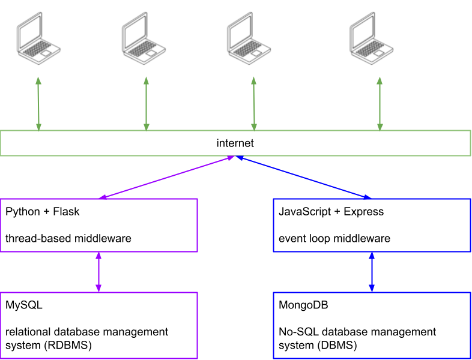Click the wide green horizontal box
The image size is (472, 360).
pos(235,143)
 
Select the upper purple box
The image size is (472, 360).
pos(98,225)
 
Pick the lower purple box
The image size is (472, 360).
pos(98,325)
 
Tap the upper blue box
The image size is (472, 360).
pos(372,225)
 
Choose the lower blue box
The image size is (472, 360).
pos(372,325)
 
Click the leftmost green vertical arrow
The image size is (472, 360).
pos(38,104)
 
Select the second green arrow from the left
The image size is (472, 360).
pos(146,104)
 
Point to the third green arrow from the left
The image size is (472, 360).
pos(253,104)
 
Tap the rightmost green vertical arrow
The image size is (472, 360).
pos(380,104)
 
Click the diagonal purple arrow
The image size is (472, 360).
pos(166,177)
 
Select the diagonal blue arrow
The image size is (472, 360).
pos(303,177)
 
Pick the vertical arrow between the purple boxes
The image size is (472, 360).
pos(98,272)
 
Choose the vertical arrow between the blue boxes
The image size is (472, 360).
pos(372,272)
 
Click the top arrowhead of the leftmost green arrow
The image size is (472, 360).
pos(38,80)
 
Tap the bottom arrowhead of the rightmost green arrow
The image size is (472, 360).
pos(380,127)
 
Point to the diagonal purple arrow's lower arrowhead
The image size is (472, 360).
pos(103,197)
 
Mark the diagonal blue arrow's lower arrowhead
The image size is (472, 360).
pos(367,196)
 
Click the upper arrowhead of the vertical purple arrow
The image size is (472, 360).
pos(98,256)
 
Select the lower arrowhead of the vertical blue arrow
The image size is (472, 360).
pos(372,289)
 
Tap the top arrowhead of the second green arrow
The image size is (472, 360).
pos(146,80)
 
